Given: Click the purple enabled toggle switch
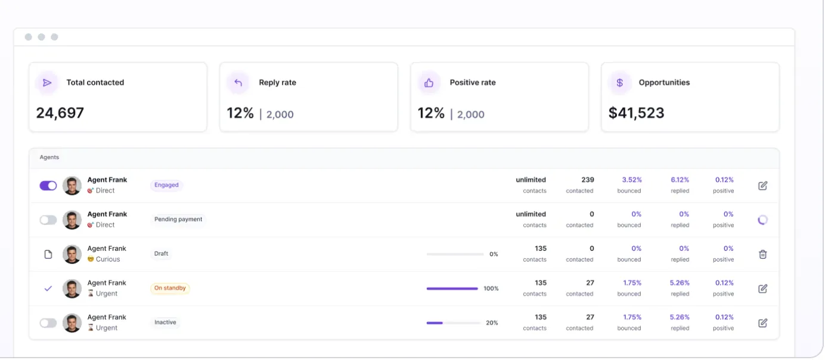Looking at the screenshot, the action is point(48,185).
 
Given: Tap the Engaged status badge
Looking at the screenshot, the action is point(166,185).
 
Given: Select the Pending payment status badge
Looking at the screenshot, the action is point(178,219).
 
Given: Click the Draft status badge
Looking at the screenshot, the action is point(161,253).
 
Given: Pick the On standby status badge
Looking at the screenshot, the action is point(170,288).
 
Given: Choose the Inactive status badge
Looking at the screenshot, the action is point(165,322).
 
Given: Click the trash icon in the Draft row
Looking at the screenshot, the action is point(763,254).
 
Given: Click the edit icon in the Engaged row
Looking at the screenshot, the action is point(763,185).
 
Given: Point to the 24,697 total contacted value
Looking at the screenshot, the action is point(60,113).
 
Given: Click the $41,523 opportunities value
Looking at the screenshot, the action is point(636,113).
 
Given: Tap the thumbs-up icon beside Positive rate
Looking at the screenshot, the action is point(429,83).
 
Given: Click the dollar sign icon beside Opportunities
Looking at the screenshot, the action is point(619,82).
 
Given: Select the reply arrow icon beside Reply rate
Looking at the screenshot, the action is point(238,82).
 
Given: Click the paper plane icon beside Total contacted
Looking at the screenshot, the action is point(47,82).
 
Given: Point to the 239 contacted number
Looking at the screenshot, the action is point(587,179).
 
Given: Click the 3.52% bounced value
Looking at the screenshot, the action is point(632,179).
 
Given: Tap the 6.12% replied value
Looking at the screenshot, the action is point(680,179).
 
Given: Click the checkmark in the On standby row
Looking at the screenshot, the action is point(48,288).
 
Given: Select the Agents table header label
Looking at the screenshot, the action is point(49,157).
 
